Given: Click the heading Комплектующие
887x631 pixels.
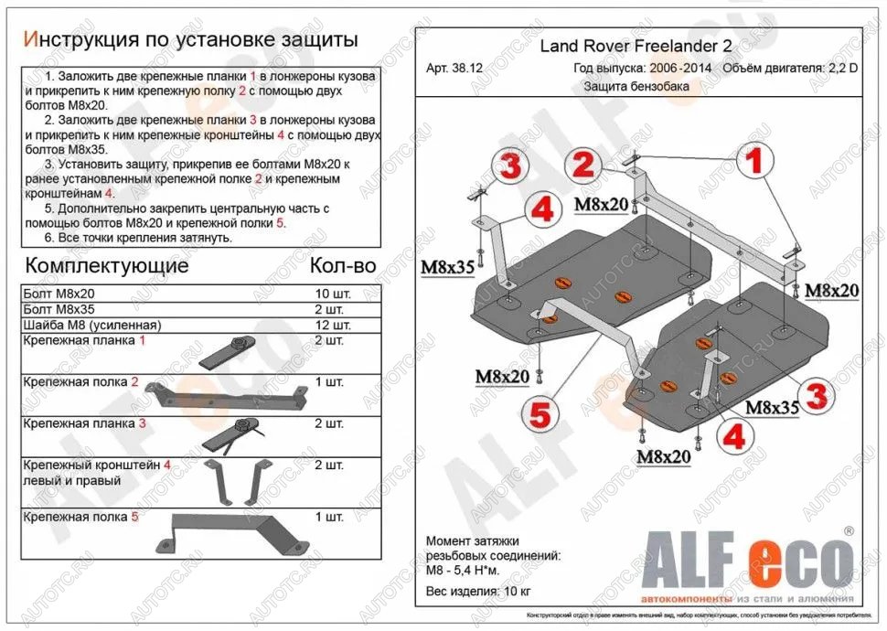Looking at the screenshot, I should coord(107,266).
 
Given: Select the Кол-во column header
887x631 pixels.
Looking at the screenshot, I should coord(343,266).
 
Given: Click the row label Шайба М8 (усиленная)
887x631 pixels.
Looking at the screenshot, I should coord(92,325).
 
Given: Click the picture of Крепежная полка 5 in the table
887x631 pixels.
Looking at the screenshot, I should coord(219,529).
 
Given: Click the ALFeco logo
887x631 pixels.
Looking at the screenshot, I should coord(751,555).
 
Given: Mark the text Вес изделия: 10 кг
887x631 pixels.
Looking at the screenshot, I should coord(476,591).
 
